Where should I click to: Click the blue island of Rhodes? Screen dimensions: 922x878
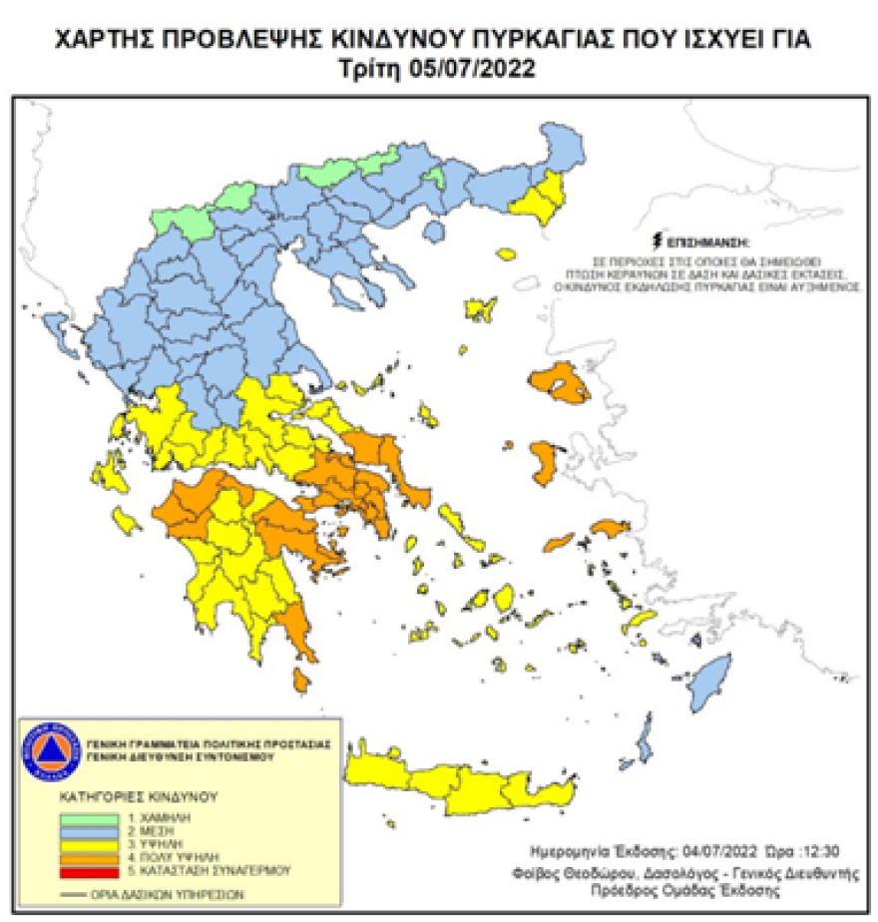[x=713, y=681]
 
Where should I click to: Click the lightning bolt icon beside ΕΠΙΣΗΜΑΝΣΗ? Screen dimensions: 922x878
[x=657, y=240]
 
